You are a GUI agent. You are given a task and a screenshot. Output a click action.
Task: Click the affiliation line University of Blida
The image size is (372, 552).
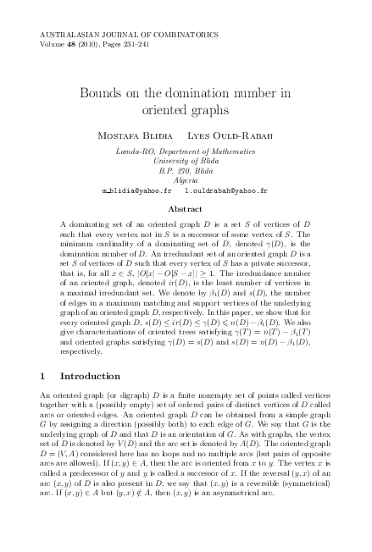185,160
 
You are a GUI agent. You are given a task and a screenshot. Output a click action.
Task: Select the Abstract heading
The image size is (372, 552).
185,207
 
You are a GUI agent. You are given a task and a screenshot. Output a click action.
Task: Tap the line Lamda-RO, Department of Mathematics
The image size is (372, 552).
185,151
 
